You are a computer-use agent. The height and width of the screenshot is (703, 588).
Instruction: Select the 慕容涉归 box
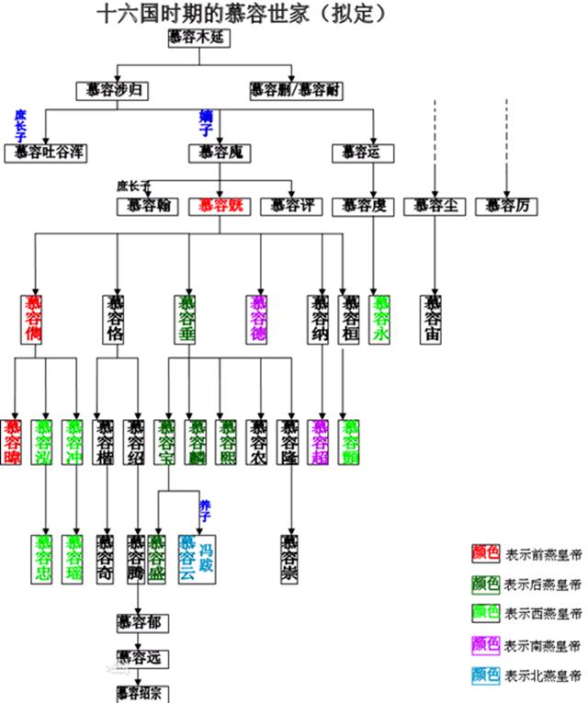(x=111, y=90)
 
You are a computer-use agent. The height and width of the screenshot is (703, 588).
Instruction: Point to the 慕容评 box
(x=291, y=206)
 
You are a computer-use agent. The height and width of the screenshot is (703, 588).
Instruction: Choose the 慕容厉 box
(x=506, y=206)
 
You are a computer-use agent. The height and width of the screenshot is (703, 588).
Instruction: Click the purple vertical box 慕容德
(x=259, y=319)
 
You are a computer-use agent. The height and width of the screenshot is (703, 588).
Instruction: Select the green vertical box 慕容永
(x=380, y=319)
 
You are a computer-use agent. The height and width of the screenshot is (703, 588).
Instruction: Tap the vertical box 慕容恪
(x=115, y=319)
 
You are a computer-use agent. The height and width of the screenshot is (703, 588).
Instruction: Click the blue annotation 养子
(x=206, y=505)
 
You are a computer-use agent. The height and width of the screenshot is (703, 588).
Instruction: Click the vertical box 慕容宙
(x=432, y=319)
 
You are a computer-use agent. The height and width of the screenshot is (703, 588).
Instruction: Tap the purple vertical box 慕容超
(x=319, y=441)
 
